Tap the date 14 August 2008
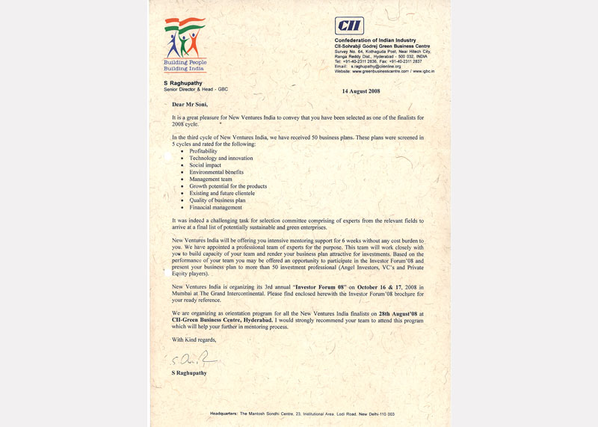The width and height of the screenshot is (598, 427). [x=361, y=90]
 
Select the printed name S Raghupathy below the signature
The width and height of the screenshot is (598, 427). [x=189, y=372]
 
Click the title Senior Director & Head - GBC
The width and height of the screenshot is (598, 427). [x=196, y=89]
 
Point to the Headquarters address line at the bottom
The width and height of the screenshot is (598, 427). [x=298, y=414]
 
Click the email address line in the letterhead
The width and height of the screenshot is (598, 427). [x=368, y=66]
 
